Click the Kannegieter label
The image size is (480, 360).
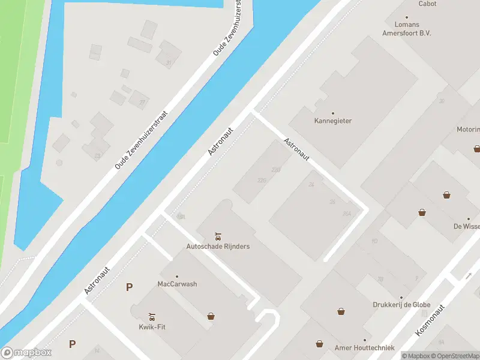tap(333, 121)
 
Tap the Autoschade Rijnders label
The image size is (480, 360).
tap(218, 246)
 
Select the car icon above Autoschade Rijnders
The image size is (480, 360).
tap(218, 235)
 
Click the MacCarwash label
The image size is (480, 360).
tap(177, 284)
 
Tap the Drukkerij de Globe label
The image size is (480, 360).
tap(401, 305)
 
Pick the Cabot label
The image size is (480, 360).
tap(428, 4)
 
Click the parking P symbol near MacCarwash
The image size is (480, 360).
tap(129, 287)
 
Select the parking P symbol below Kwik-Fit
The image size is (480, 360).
tap(73, 344)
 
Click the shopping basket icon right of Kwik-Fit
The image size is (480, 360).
tap(211, 316)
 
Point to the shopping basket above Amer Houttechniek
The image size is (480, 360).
tap(320, 344)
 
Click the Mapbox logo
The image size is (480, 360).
tap(26, 353)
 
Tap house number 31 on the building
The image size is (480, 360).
tap(169, 62)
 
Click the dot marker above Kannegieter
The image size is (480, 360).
tap(333, 112)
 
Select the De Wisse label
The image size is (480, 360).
tap(467, 227)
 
